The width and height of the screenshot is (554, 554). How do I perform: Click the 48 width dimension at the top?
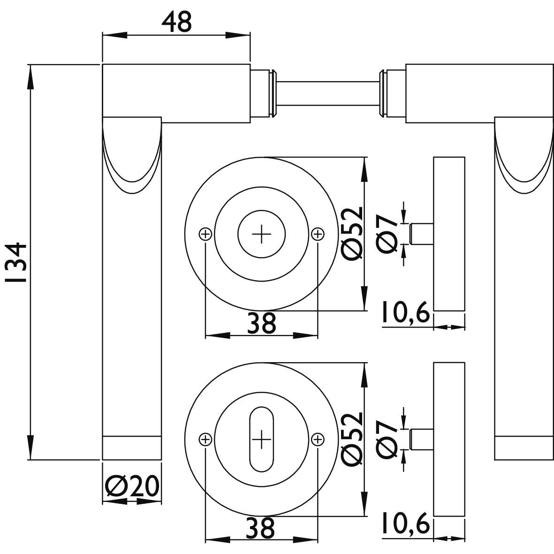(177, 23)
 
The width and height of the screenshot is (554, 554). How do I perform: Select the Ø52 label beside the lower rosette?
(353, 439)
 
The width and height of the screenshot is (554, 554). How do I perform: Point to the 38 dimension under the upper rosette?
(261, 324)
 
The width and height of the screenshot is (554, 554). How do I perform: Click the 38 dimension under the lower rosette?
(261, 529)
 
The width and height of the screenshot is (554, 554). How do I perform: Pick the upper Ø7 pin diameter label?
(388, 233)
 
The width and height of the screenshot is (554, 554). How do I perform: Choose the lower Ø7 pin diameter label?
(388, 439)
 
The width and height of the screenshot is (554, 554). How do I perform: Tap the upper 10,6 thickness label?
(405, 314)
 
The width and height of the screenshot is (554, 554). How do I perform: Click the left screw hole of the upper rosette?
(205, 233)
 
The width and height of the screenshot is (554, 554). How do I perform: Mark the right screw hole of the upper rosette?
(318, 233)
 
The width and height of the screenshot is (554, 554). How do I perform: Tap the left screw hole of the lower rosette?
(205, 439)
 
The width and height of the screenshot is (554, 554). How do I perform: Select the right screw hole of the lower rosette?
(318, 439)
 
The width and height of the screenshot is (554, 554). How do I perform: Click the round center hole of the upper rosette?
(261, 234)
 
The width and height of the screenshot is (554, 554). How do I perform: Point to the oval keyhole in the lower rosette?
(261, 439)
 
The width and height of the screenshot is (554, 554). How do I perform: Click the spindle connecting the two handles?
(328, 92)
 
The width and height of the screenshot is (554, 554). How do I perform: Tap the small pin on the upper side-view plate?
(421, 233)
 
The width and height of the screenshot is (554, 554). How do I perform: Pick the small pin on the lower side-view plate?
(421, 439)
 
